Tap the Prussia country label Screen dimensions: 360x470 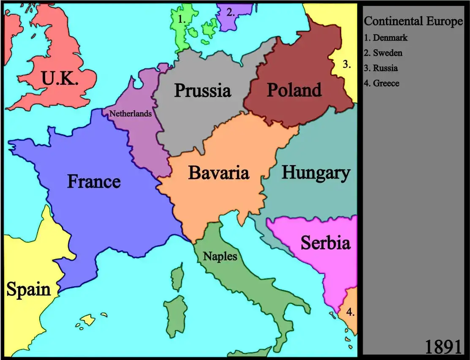203,90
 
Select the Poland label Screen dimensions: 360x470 294,90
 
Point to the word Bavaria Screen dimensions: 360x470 218,173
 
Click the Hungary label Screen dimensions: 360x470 315,173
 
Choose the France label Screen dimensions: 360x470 94,181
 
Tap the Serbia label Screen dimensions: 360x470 325,243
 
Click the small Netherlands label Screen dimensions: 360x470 130,114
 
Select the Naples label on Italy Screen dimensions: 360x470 220,256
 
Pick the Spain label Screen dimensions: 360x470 28,290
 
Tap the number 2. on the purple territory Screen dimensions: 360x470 230,12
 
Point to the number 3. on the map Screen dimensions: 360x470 347,65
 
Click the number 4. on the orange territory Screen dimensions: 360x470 350,313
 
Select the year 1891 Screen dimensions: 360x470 443,346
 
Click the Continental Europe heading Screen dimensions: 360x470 413,21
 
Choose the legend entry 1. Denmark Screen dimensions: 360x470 386,38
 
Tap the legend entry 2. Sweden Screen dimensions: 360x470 383,53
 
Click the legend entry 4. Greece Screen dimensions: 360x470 381,83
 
